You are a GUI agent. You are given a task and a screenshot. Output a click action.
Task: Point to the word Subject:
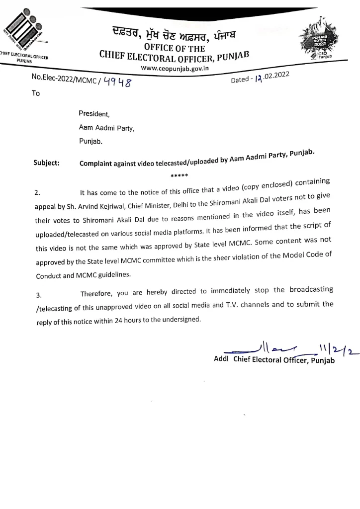[x=46, y=163]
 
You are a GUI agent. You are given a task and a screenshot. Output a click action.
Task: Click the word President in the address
[x=90, y=114]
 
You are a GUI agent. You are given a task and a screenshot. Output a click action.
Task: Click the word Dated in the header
[x=242, y=80]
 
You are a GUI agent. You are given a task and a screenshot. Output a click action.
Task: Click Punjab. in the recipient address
[x=90, y=141]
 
